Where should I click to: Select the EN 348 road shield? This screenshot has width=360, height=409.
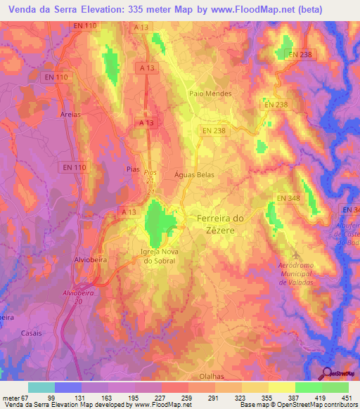click(288, 198)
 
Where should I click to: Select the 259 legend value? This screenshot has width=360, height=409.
click(187, 398)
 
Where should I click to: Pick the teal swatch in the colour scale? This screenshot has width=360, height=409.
click(41, 387)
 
